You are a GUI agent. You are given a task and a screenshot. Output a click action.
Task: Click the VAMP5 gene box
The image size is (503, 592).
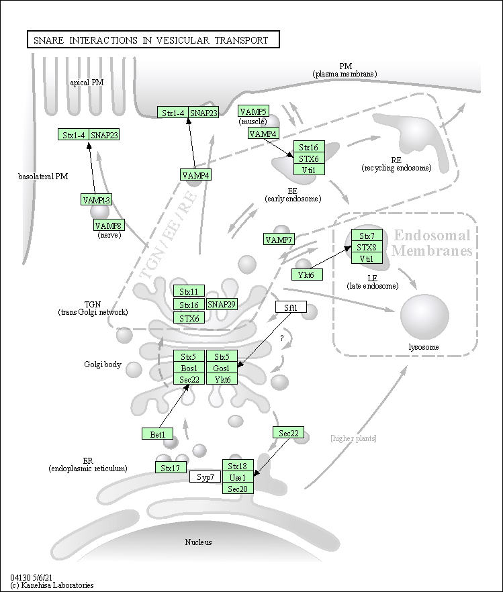[x=253, y=111]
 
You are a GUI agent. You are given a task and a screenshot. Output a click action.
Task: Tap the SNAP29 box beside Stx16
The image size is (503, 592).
[x=222, y=304]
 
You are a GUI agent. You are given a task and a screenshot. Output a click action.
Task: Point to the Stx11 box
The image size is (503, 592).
[x=189, y=291]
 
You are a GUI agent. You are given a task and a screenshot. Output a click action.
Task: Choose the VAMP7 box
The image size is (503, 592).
[x=279, y=240]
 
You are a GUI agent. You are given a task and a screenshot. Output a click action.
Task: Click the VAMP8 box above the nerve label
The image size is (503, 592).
[x=108, y=226]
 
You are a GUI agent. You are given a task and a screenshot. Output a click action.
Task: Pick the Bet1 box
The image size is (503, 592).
[x=158, y=434]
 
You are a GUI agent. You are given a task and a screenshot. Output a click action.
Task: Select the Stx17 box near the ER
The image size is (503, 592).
[x=171, y=467]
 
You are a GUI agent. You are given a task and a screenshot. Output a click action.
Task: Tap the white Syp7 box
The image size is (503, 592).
[x=205, y=477]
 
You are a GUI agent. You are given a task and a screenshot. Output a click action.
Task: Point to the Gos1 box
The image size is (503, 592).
[x=222, y=368]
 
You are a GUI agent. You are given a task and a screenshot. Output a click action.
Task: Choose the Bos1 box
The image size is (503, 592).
[x=189, y=368]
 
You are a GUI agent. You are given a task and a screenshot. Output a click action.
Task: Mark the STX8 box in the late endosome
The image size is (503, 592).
[x=367, y=247]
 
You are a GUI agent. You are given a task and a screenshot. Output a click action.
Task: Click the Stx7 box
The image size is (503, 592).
[x=367, y=236]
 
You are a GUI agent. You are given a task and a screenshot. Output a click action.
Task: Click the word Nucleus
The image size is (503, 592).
[x=198, y=542]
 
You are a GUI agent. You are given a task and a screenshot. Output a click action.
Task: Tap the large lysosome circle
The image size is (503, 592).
[x=424, y=316]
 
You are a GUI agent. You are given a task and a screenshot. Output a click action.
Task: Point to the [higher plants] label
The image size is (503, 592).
[x=353, y=438]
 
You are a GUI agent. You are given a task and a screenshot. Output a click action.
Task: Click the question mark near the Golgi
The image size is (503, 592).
[x=282, y=338]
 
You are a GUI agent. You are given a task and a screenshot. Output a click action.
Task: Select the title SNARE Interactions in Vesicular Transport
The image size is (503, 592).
[x=151, y=40]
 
